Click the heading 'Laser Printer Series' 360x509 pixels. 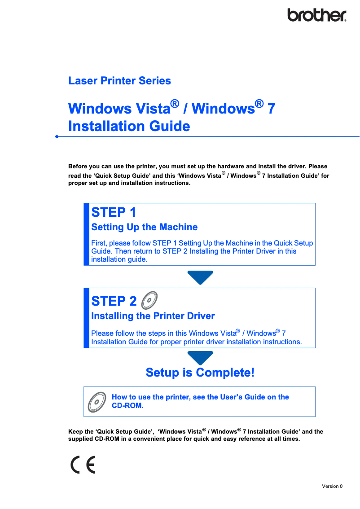[119, 81]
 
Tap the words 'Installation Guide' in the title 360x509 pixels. [129, 126]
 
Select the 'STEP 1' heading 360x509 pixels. [114, 212]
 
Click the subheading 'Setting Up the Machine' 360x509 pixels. [144, 227]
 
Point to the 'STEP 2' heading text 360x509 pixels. [114, 301]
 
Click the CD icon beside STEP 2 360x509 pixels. [149, 299]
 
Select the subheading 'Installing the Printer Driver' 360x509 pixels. [153, 316]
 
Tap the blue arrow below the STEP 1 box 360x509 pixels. [200, 277]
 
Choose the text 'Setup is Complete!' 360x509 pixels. [200, 373]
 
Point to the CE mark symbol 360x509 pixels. [83, 465]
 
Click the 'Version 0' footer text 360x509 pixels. [332, 486]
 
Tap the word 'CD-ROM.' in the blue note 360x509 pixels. [127, 405]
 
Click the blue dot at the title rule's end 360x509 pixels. [57, 136]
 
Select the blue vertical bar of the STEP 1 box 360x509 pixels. [86, 234]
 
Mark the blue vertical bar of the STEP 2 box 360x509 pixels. [86, 318]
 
